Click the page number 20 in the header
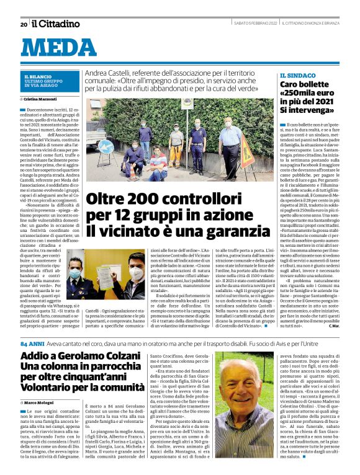click(24, 24)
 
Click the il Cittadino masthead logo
click(56, 24)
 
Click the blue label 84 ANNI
click(32, 343)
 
